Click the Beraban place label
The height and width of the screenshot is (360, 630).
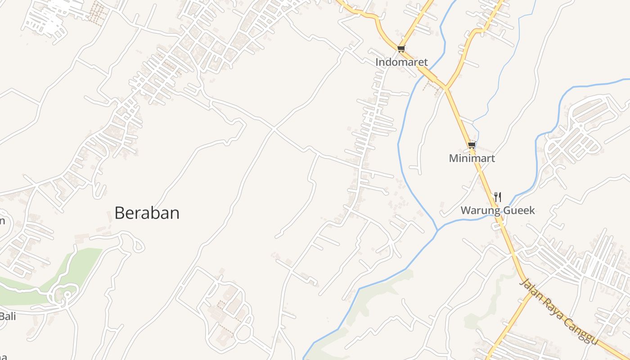tap(147, 213)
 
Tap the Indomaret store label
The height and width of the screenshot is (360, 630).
tap(401, 62)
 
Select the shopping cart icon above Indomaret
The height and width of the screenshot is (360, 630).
tap(401, 49)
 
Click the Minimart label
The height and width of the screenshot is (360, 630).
tap(472, 158)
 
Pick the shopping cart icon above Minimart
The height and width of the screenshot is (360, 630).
tap(472, 145)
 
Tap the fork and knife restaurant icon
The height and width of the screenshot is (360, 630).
tap(497, 197)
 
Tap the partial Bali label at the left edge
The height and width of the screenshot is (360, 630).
tap(8, 316)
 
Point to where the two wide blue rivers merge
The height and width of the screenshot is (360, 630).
tap(437, 230)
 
